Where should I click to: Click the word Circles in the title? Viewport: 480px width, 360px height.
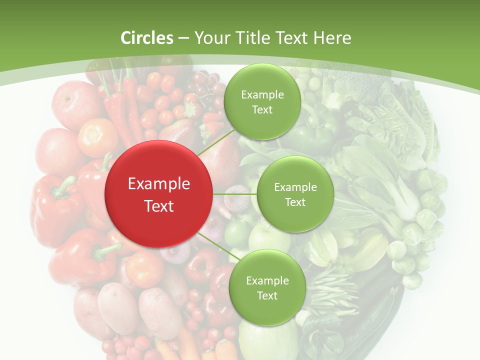pyautogui.click(x=146, y=38)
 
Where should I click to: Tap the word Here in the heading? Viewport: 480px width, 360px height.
pyautogui.click(x=332, y=38)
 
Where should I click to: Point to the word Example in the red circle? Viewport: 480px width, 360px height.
pyautogui.click(x=159, y=184)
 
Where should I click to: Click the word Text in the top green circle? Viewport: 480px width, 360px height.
pyautogui.click(x=262, y=110)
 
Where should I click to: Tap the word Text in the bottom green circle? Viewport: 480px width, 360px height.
pyautogui.click(x=267, y=296)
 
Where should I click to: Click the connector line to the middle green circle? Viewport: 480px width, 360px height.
pyautogui.click(x=235, y=194)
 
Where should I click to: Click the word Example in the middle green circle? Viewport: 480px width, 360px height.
pyautogui.click(x=295, y=187)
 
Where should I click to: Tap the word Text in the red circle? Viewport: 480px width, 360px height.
pyautogui.click(x=159, y=206)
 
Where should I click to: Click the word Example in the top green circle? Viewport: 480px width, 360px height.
pyautogui.click(x=262, y=95)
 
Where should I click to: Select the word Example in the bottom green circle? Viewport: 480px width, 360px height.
pyautogui.click(x=267, y=281)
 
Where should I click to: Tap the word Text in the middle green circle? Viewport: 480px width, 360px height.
pyautogui.click(x=295, y=202)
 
